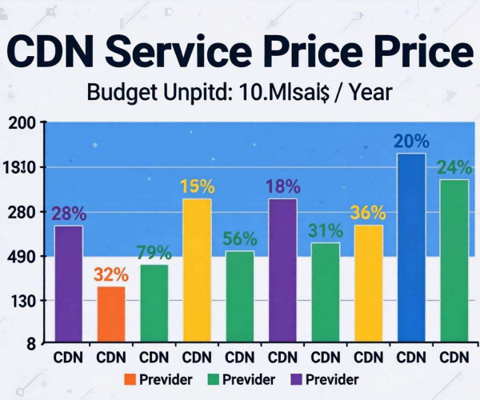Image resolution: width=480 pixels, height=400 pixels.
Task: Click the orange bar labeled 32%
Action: [111, 314]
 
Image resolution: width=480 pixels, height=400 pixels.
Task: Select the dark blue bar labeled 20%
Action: [411, 247]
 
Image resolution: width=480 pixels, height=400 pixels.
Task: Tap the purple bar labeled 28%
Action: [69, 284]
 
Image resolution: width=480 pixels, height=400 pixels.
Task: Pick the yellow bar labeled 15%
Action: [197, 270]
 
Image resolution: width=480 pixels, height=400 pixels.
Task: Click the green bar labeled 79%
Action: [154, 303]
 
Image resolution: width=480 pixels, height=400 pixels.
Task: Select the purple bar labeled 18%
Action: [283, 270]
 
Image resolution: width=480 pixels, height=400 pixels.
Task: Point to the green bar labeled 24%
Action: [454, 261]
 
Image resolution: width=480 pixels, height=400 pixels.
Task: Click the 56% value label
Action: [240, 239]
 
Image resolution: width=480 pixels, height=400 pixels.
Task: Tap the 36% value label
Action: [368, 212]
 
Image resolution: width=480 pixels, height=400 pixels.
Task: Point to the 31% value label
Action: [326, 230]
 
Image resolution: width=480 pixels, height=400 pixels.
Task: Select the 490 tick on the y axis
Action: [22, 257]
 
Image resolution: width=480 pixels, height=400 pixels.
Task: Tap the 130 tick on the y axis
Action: [22, 302]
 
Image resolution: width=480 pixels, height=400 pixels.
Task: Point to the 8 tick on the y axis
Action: [31, 344]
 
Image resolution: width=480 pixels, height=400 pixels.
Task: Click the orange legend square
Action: [130, 379]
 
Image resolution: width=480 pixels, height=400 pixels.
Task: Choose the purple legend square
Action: [296, 379]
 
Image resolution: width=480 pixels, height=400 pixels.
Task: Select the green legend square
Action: [214, 379]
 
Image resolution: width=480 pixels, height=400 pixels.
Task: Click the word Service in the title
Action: [178, 51]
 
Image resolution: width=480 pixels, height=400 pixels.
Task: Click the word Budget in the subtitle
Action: [123, 93]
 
